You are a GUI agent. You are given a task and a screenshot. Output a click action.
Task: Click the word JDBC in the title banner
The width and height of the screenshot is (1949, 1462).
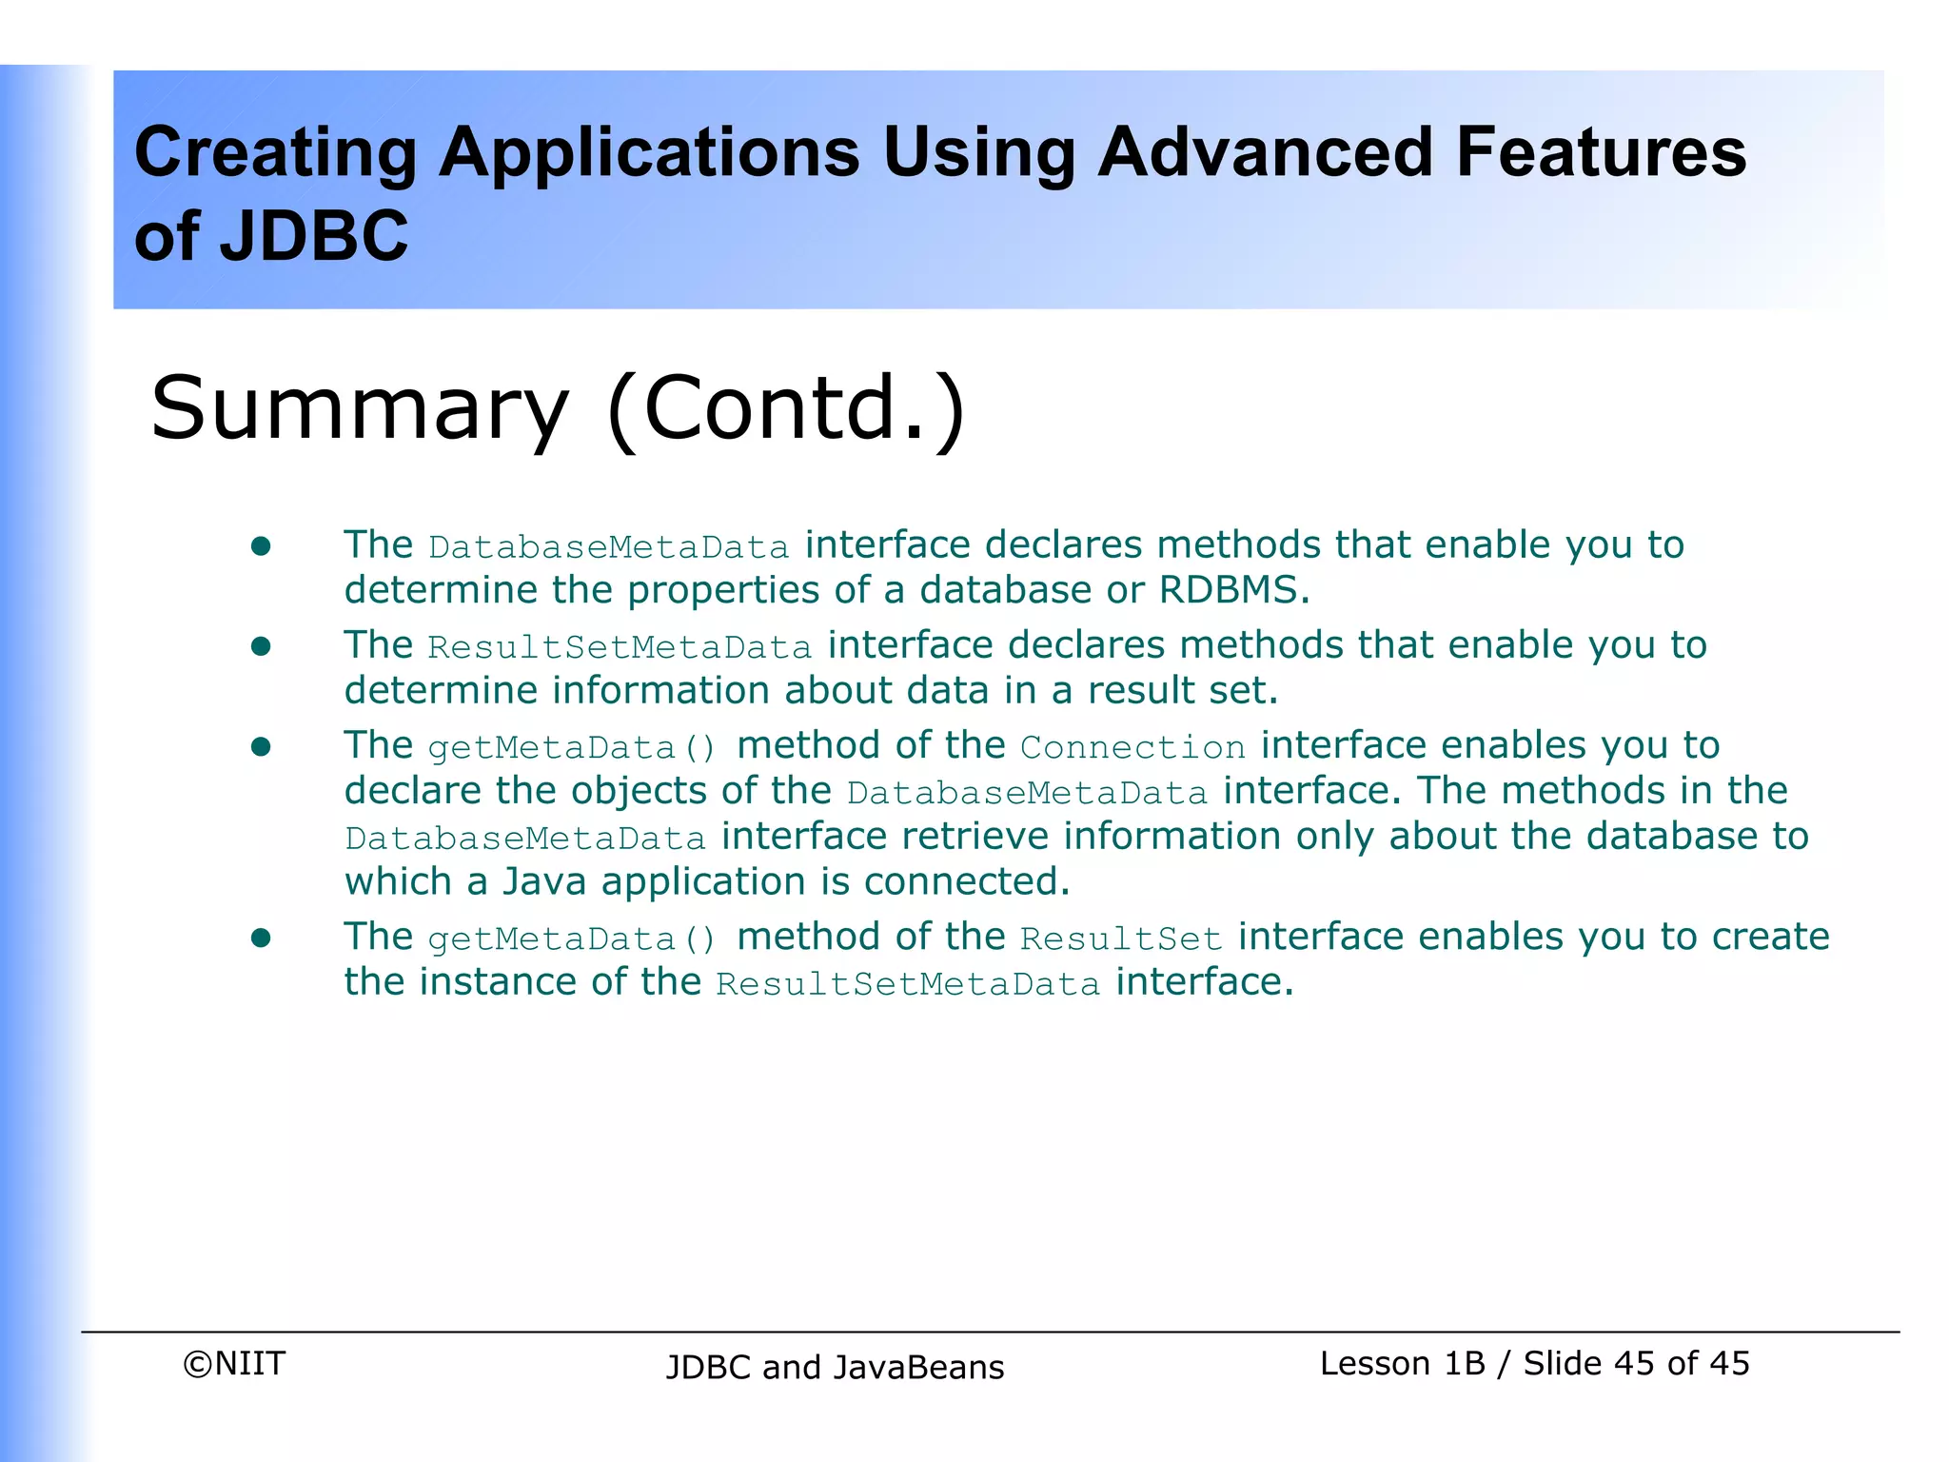point(313,237)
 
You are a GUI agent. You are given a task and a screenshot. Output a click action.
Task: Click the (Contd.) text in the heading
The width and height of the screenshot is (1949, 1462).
point(786,409)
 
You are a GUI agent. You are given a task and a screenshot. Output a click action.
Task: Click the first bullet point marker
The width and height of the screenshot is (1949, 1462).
point(261,546)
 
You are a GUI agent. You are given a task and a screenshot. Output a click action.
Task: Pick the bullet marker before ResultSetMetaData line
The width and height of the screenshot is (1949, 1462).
point(261,647)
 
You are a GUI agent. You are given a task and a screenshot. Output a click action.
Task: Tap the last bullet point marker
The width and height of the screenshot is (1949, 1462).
point(261,938)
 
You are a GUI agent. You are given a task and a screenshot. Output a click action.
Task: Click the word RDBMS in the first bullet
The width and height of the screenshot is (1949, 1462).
point(1232,591)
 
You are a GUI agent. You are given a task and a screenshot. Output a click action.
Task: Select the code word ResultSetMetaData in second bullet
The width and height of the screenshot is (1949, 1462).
point(620,648)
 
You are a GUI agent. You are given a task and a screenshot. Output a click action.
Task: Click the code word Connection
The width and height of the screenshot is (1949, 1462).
point(1132,747)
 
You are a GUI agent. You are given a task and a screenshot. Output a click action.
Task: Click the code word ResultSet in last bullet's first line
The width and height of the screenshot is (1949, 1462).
point(1121,939)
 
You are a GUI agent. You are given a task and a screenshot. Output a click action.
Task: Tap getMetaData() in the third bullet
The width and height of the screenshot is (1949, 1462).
point(572,748)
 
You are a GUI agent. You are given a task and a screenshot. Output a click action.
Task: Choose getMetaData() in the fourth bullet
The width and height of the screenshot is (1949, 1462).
point(572,939)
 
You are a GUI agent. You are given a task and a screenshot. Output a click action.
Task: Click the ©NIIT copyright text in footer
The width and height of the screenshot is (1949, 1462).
point(234,1364)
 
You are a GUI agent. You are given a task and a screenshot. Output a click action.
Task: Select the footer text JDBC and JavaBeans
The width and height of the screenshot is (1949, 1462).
point(835,1368)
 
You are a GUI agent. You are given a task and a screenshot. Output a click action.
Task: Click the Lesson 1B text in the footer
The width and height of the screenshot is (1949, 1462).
point(1402,1364)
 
